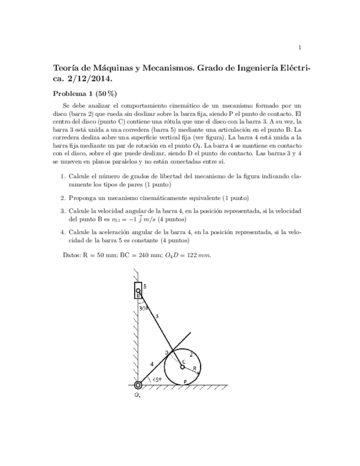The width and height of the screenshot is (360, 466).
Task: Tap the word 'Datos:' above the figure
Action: pyautogui.click(x=73, y=256)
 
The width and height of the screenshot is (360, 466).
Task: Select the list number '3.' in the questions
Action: pyautogui.click(x=62, y=210)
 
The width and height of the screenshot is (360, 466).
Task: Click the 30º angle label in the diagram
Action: pyautogui.click(x=143, y=308)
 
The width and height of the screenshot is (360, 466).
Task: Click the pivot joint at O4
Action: pyautogui.click(x=137, y=386)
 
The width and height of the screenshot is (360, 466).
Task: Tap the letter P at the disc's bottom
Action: pyautogui.click(x=185, y=381)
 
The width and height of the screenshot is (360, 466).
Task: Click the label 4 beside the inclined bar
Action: pyautogui.click(x=152, y=363)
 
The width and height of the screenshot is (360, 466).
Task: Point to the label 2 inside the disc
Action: pyautogui.click(x=191, y=354)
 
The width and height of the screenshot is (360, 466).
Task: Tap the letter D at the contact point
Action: pyautogui.click(x=167, y=352)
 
